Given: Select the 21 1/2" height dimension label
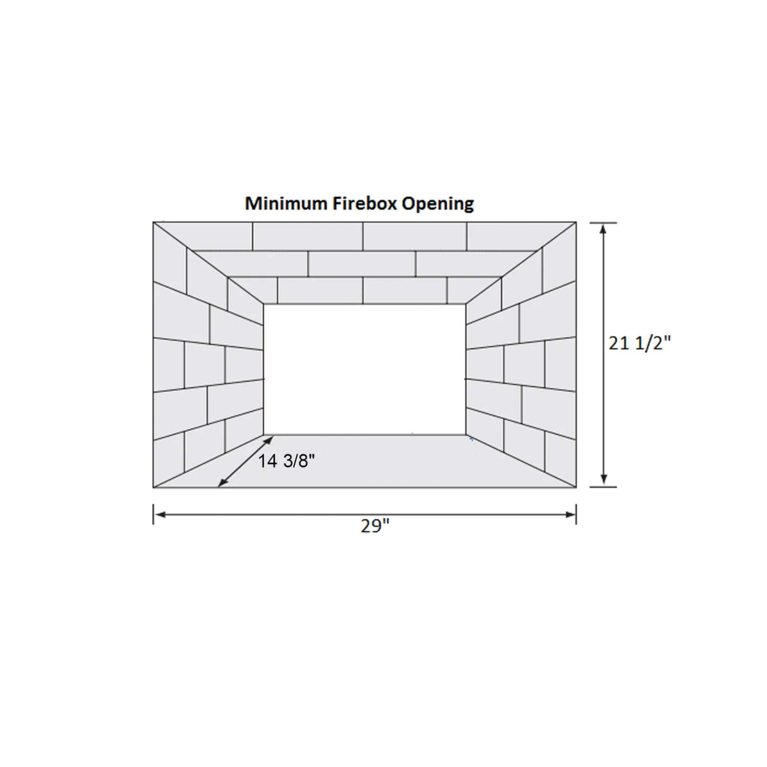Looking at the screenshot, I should pyautogui.click(x=639, y=342).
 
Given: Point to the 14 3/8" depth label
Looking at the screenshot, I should pyautogui.click(x=286, y=461).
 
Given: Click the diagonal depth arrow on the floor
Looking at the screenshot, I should pyautogui.click(x=241, y=461).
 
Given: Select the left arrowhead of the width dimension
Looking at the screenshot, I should pyautogui.click(x=159, y=515).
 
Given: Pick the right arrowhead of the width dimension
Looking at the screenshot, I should pyautogui.click(x=570, y=515).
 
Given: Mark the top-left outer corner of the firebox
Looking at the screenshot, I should pyautogui.click(x=154, y=222).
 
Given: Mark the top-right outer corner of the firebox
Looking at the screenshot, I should pyautogui.click(x=576, y=222).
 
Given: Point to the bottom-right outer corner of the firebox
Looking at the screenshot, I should pyautogui.click(x=576, y=487).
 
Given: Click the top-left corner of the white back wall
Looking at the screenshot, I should pyautogui.click(x=264, y=305).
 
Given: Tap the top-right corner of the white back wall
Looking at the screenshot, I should pyautogui.click(x=466, y=305).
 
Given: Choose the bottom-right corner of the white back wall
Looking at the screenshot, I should pyautogui.click(x=466, y=435).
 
